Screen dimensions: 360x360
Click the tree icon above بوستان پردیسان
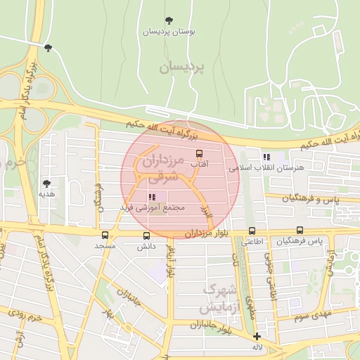click(168, 20)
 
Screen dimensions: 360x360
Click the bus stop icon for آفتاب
click(199, 153)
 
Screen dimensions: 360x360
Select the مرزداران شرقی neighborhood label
click(162, 169)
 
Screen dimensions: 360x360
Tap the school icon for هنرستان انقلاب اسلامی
click(266, 157)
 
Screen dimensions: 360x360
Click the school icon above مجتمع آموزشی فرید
click(152, 197)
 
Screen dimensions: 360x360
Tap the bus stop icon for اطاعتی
click(252, 230)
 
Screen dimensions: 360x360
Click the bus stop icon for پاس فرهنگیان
click(300, 230)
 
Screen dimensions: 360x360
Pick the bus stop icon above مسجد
click(105, 235)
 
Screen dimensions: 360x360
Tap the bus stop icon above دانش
click(146, 236)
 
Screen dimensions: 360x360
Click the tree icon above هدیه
click(47, 183)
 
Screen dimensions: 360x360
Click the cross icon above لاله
click(257, 336)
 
